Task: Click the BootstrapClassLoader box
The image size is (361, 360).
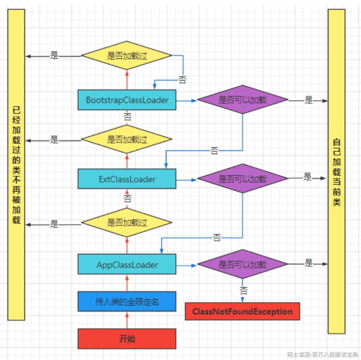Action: click(x=127, y=100)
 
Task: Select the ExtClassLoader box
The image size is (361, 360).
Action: click(x=127, y=179)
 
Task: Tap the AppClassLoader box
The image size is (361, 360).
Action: click(x=127, y=265)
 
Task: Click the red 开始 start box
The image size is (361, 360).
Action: click(x=127, y=339)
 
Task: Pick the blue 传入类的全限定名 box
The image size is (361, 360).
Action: click(x=127, y=302)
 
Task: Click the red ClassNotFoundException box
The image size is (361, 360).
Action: click(x=242, y=311)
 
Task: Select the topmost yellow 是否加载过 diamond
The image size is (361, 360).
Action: click(x=127, y=55)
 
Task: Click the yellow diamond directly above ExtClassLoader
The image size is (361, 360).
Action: click(x=127, y=139)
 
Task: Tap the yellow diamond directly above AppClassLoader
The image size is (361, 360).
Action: click(x=127, y=223)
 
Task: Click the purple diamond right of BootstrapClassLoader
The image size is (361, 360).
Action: click(x=243, y=100)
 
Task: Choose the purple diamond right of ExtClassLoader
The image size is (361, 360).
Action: click(x=243, y=178)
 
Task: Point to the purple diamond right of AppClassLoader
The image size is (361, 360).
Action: click(x=243, y=264)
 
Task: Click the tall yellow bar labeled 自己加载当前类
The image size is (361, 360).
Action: click(x=336, y=171)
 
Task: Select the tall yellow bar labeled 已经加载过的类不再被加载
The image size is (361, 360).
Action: click(x=16, y=165)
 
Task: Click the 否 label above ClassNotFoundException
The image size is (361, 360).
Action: click(x=243, y=291)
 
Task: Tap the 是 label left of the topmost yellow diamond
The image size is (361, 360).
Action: click(x=54, y=55)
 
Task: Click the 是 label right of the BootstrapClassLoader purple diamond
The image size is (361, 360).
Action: click(x=308, y=100)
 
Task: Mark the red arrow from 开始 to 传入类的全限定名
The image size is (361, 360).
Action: click(x=127, y=320)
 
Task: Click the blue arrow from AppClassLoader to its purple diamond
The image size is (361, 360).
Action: click(x=186, y=265)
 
